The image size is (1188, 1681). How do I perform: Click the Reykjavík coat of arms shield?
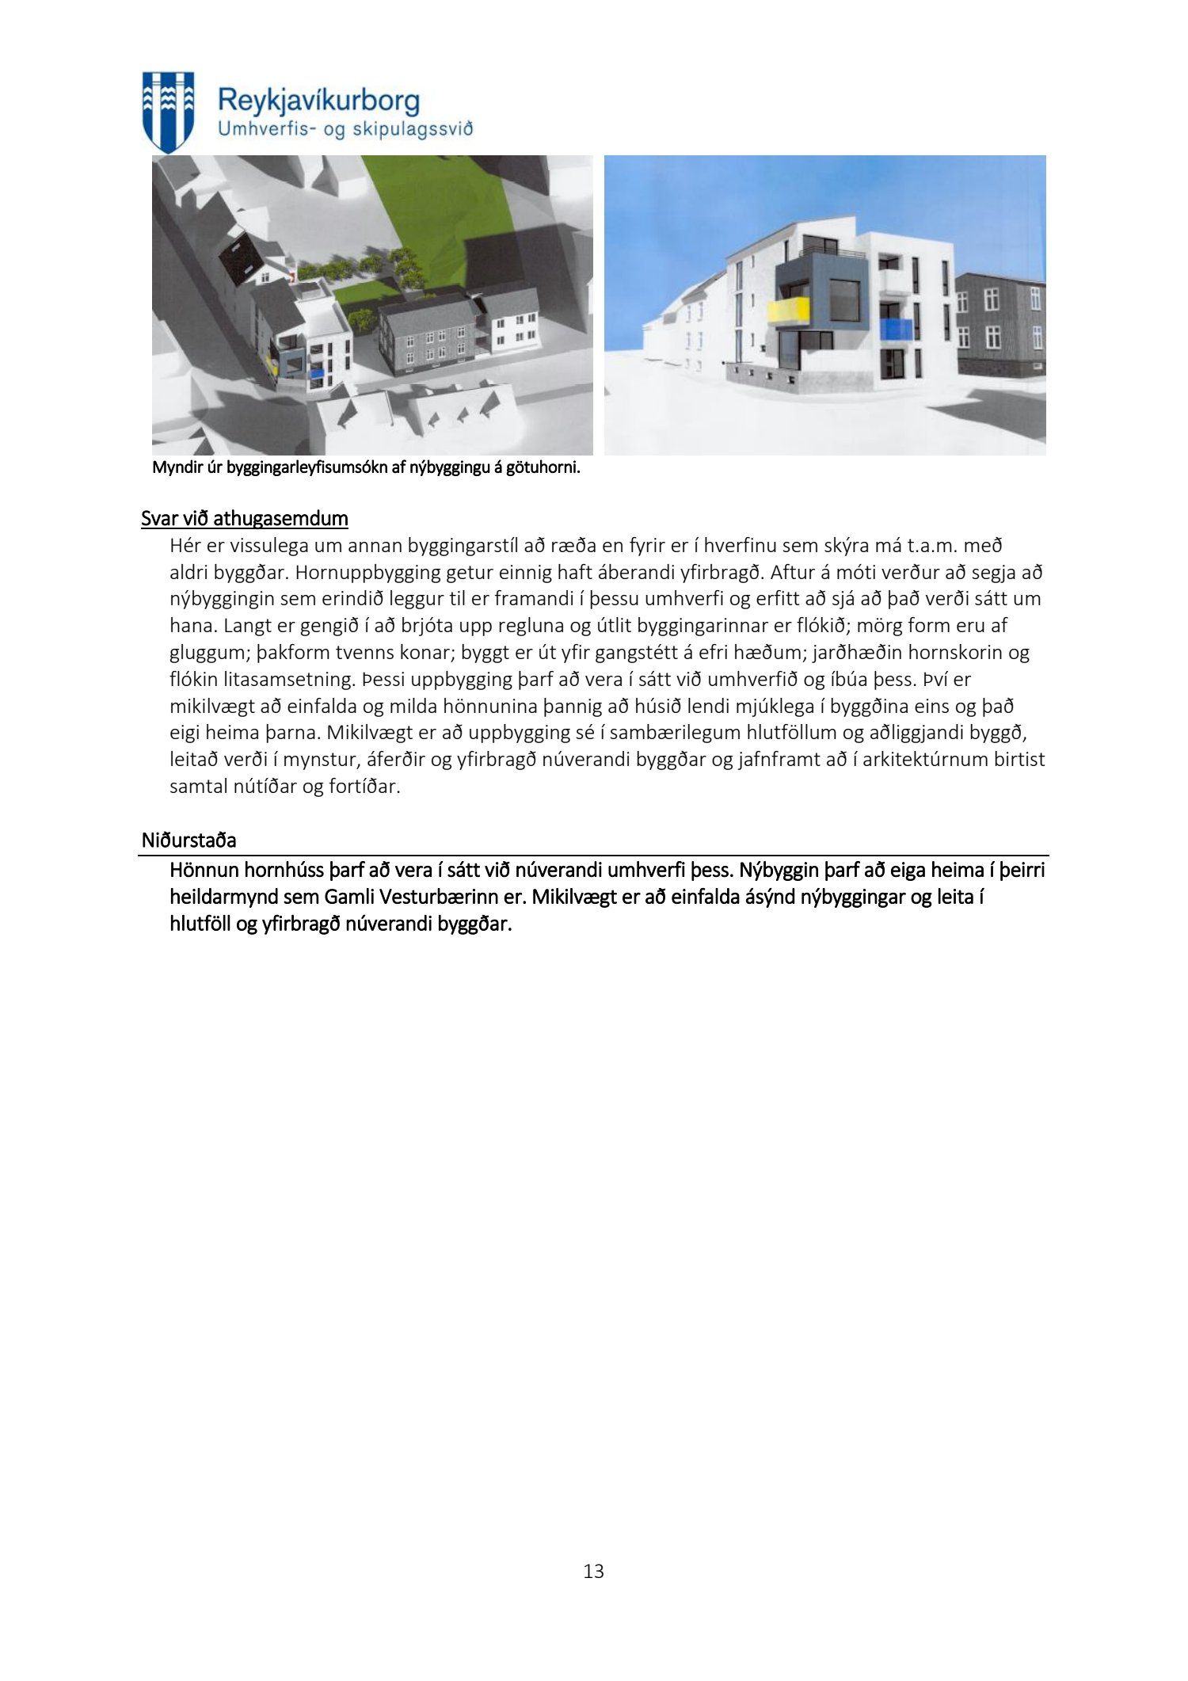(167, 111)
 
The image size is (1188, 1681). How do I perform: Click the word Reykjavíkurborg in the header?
(318, 102)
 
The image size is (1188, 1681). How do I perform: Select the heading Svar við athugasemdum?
(245, 519)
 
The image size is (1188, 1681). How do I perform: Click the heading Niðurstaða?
(189, 840)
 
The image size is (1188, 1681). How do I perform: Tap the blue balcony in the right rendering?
(895, 330)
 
